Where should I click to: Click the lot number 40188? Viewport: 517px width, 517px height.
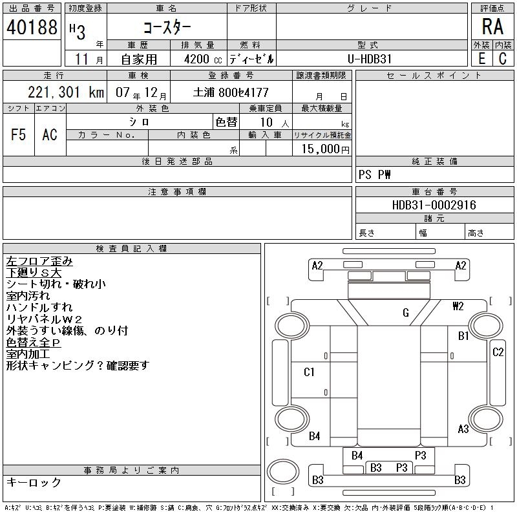[x=31, y=28]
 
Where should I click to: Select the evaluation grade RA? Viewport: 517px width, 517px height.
[x=492, y=26]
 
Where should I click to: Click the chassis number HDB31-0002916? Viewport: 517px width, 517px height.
[x=434, y=205]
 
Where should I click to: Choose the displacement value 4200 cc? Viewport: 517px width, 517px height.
[x=200, y=59]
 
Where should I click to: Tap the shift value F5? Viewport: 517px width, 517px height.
[x=19, y=134]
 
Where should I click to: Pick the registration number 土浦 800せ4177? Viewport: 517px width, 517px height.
[x=231, y=92]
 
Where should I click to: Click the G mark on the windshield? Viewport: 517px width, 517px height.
[x=406, y=313]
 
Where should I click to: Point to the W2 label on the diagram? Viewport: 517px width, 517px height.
[x=458, y=306]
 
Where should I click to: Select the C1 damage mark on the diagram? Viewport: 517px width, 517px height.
[x=309, y=372]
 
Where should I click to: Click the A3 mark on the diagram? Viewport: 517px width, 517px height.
[x=463, y=428]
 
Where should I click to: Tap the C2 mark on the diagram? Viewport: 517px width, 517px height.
[x=498, y=352]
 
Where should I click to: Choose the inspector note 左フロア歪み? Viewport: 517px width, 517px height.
[x=39, y=261]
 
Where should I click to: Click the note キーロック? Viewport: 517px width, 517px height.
[x=34, y=482]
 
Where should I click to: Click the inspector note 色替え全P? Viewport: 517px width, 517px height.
[x=33, y=342]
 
